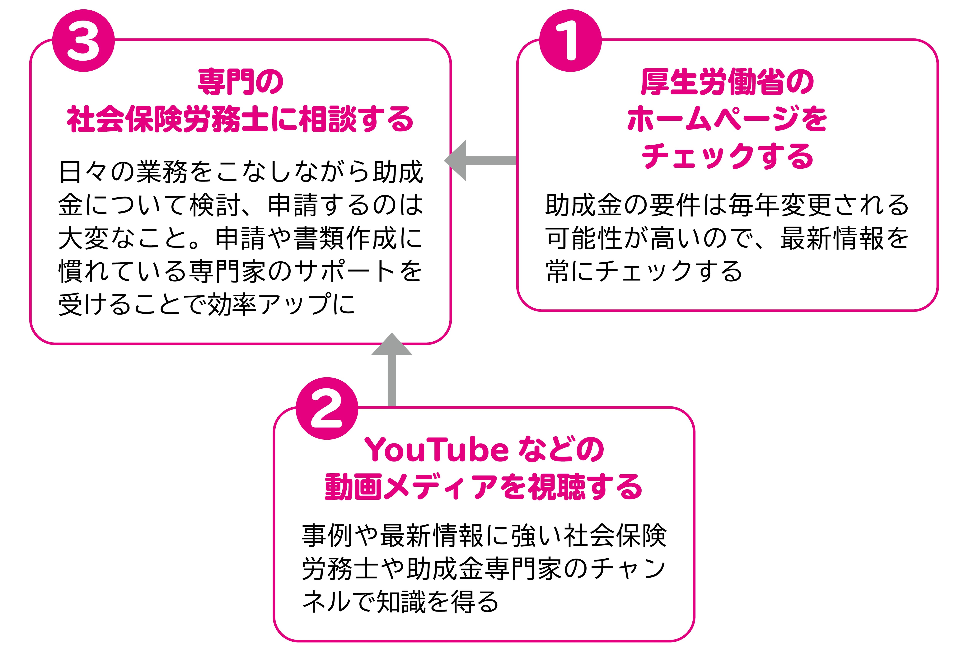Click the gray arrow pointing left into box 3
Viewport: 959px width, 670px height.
click(x=480, y=160)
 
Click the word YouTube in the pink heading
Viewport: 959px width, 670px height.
click(x=437, y=450)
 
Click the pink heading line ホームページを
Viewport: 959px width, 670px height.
click(x=727, y=119)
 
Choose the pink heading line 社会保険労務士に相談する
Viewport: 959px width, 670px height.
click(x=241, y=119)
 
